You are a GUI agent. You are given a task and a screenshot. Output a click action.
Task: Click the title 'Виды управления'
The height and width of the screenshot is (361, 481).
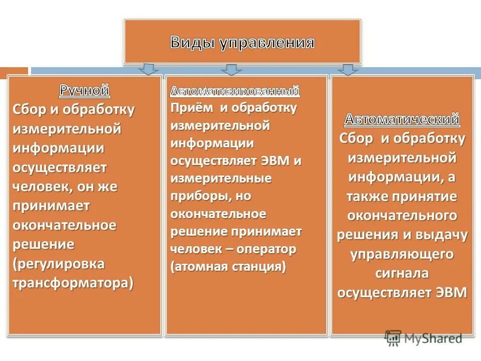pyautogui.click(x=243, y=42)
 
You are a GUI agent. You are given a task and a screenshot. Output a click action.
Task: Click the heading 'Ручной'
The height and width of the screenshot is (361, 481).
pyautogui.click(x=85, y=91)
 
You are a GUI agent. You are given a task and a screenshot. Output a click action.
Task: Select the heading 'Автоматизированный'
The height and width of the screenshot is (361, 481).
pyautogui.click(x=235, y=91)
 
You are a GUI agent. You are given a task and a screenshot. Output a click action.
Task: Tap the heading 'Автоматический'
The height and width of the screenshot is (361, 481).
pyautogui.click(x=402, y=119)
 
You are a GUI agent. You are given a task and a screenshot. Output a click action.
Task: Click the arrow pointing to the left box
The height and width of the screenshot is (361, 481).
pyautogui.click(x=148, y=69)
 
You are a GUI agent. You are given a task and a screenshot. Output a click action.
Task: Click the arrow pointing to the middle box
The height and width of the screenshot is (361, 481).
pyautogui.click(x=231, y=69)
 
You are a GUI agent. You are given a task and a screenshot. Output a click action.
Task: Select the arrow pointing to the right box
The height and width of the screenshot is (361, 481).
pyautogui.click(x=348, y=69)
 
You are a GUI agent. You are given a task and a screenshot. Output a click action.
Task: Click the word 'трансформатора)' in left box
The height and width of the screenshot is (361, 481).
pyautogui.click(x=73, y=282)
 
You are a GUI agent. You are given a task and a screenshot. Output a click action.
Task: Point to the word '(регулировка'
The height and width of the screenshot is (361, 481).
pyautogui.click(x=59, y=263)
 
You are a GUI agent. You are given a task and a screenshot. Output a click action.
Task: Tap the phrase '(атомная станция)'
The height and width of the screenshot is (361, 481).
pyautogui.click(x=228, y=266)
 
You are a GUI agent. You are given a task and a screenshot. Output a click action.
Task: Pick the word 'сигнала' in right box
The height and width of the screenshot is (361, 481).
pyautogui.click(x=402, y=273)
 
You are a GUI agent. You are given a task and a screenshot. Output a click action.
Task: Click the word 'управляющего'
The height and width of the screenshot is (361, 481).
pyautogui.click(x=402, y=254)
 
